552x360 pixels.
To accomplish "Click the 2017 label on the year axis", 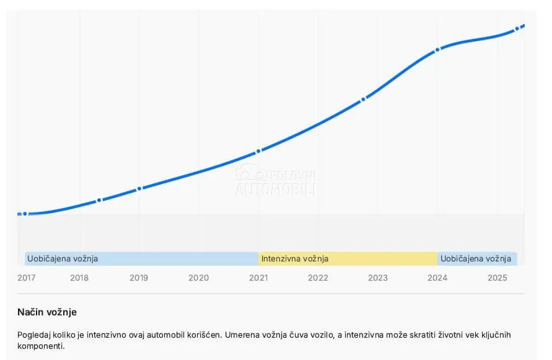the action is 27,278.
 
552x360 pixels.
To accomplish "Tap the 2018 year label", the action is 79,278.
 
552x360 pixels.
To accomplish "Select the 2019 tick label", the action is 139,278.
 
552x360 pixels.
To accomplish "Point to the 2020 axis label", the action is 198,278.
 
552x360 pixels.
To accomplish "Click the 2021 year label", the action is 258,278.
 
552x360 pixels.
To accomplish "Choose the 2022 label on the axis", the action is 318,278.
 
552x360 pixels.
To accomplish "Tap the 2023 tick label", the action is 378,278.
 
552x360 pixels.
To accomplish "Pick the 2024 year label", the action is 437,278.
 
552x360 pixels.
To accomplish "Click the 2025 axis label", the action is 497,278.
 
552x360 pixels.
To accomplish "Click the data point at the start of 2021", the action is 258,151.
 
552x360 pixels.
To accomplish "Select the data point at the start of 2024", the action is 437,50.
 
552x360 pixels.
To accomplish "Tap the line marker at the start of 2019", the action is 139,189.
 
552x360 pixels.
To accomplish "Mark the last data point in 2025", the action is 517,29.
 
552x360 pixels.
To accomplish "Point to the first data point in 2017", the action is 25,214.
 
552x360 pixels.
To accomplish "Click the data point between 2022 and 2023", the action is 363,99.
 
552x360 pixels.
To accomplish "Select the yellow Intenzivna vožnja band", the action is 348,259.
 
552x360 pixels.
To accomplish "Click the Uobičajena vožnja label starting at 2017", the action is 63,259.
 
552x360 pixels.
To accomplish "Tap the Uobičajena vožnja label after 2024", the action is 476,259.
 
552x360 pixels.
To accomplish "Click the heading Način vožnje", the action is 47,312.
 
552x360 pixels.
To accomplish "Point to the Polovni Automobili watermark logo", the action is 276,181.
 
